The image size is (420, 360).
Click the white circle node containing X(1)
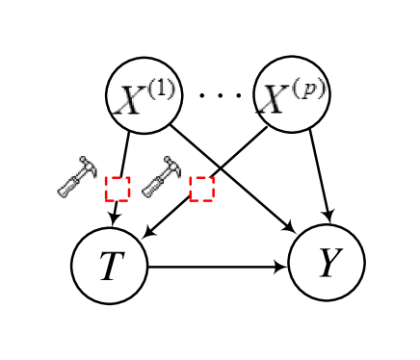144,94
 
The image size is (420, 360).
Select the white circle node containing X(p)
291,94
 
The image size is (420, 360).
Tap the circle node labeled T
109,266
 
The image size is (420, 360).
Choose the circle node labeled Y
327,263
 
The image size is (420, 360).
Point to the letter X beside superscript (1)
130,100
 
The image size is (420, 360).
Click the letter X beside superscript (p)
276,100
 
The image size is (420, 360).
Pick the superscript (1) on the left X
160,89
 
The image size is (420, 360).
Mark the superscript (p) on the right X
309,89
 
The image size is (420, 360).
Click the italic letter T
111,267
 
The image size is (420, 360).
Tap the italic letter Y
328,263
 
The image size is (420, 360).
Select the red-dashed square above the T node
118,189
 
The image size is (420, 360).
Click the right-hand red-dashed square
201,189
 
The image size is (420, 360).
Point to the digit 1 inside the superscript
161,89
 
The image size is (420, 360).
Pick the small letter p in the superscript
310,90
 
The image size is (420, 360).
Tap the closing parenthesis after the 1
171,89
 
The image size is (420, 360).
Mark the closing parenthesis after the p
322,89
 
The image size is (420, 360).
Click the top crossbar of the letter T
113,254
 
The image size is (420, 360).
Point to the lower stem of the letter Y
327,271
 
